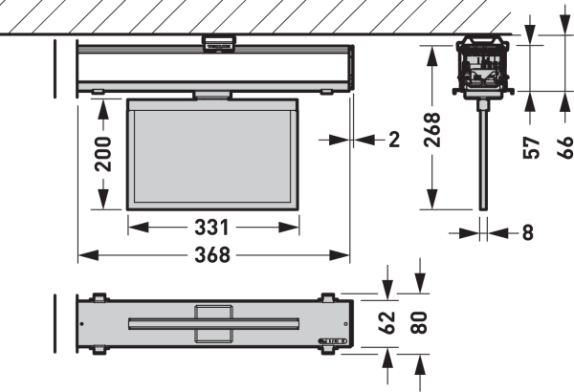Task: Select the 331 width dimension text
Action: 211,228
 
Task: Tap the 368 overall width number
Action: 212,255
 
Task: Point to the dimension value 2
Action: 394,140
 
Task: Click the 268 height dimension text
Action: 432,130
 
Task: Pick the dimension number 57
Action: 532,148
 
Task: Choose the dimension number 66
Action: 565,148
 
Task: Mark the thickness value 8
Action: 527,232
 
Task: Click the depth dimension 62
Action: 386,323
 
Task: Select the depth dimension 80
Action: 419,323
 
